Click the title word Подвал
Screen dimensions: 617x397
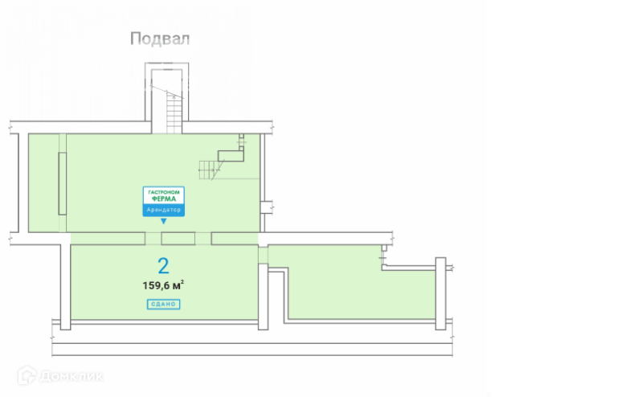(x=160, y=39)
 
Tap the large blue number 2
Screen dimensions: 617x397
(x=163, y=264)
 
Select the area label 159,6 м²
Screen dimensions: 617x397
(x=163, y=284)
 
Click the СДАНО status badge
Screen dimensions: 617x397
(x=163, y=304)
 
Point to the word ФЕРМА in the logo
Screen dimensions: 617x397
(x=164, y=200)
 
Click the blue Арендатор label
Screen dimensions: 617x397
(x=164, y=211)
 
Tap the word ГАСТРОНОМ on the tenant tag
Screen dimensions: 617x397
(x=164, y=193)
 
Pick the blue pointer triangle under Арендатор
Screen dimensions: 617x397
(x=164, y=220)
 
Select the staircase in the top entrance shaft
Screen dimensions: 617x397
(x=174, y=113)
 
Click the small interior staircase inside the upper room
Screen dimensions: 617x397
(x=209, y=168)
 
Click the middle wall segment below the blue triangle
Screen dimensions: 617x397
(x=178, y=238)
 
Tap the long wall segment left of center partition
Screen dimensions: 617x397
(x=108, y=238)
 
